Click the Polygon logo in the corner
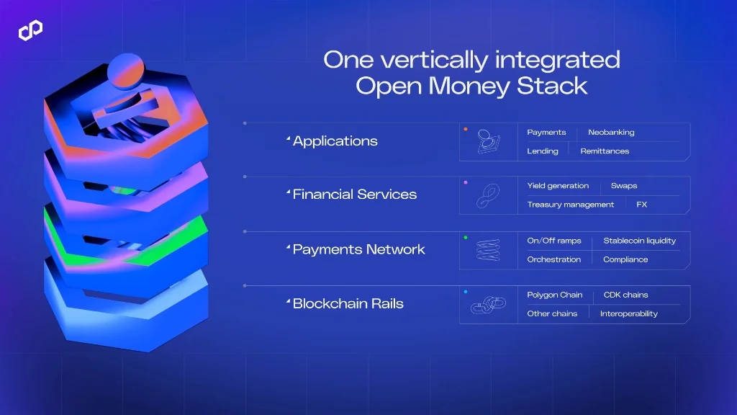tap(30, 30)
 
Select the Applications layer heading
tap(335, 141)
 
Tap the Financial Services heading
tap(354, 195)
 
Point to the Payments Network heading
tap(358, 249)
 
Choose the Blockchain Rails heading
tap(348, 303)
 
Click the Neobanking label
tap(611, 133)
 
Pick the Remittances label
tap(605, 151)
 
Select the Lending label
tap(542, 151)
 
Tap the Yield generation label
tap(558, 186)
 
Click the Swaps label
tap(623, 186)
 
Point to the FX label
tap(641, 205)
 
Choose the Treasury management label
tap(570, 205)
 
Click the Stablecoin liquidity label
tap(639, 241)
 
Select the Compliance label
tap(625, 259)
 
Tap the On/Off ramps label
tap(553, 241)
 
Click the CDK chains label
tap(625, 295)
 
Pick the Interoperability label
tap(628, 313)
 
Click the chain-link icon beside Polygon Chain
tap(488, 305)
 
